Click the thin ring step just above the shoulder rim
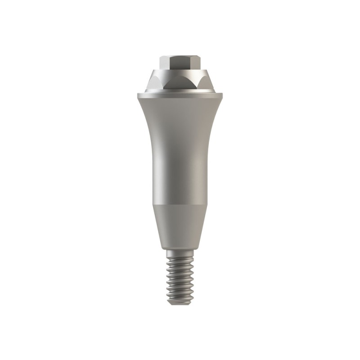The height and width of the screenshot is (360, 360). click(180, 90)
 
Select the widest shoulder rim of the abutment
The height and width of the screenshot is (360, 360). click(180, 95)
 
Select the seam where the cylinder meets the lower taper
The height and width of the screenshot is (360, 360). click(180, 205)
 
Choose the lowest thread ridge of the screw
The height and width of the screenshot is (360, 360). click(180, 299)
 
